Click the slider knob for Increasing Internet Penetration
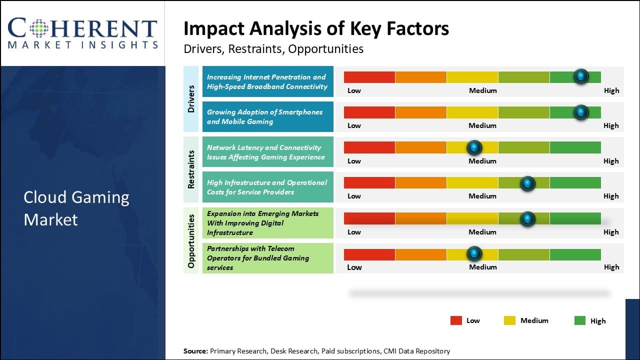(x=580, y=76)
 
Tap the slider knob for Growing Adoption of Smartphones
(x=580, y=112)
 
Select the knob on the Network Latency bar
(x=474, y=147)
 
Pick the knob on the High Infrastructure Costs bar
(x=527, y=183)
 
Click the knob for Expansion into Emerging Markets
(x=527, y=218)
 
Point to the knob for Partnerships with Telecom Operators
(x=474, y=254)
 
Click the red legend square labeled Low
(x=456, y=321)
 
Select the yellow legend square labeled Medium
(x=509, y=321)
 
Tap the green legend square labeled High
(x=580, y=321)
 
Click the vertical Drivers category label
(x=191, y=98)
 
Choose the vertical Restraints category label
(x=191, y=169)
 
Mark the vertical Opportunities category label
(x=191, y=240)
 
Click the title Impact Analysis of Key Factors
(x=316, y=29)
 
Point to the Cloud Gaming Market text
(x=76, y=208)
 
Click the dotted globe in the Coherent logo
(x=39, y=28)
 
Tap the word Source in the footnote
(x=195, y=351)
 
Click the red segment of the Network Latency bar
(x=369, y=147)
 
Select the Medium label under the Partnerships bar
(x=482, y=267)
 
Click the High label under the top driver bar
(x=611, y=90)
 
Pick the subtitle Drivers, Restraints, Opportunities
(x=273, y=49)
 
